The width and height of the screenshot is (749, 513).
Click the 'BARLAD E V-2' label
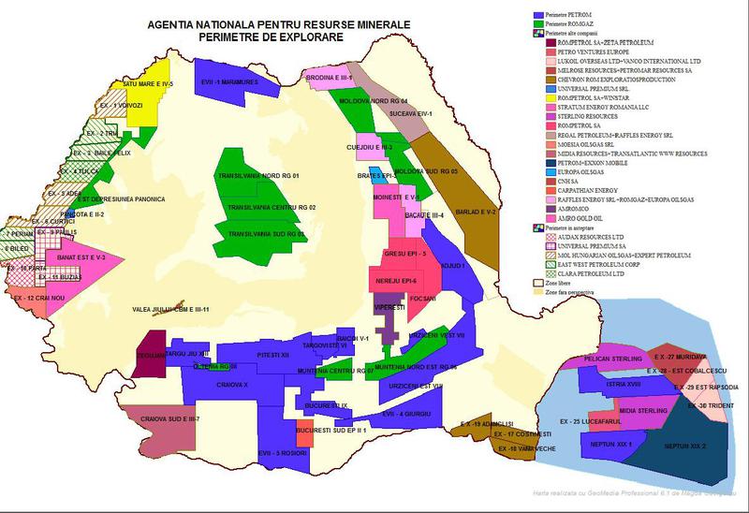click(x=475, y=212)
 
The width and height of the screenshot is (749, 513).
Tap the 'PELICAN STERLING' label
click(x=611, y=359)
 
